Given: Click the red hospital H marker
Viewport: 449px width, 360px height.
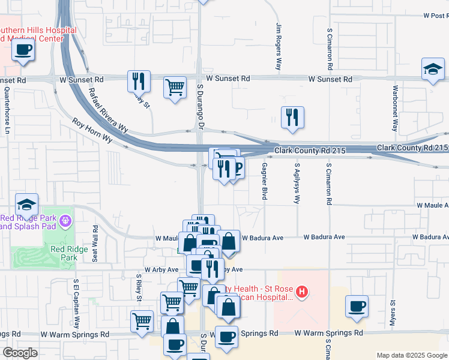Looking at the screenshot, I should click(303, 293).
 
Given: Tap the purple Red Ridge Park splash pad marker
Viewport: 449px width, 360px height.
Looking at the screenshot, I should click(65, 222).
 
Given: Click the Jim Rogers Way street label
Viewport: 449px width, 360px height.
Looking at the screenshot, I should click(279, 47).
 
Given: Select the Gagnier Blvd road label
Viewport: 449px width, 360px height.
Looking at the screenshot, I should click(264, 181).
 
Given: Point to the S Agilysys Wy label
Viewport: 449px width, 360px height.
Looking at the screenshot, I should click(297, 183).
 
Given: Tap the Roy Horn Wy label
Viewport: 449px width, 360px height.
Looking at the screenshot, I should click(92, 130).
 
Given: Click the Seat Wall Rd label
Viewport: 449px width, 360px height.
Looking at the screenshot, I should click(95, 239).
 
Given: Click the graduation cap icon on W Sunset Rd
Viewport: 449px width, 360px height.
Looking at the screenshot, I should click(432, 68).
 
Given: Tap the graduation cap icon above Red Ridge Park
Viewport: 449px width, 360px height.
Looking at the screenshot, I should click(26, 205).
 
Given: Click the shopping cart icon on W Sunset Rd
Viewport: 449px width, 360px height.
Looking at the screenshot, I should click(175, 88).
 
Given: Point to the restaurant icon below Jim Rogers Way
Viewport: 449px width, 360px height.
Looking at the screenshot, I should click(292, 118).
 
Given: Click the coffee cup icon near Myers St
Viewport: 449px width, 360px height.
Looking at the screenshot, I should click(357, 306).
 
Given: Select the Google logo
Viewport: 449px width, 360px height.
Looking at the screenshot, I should click(20, 353).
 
